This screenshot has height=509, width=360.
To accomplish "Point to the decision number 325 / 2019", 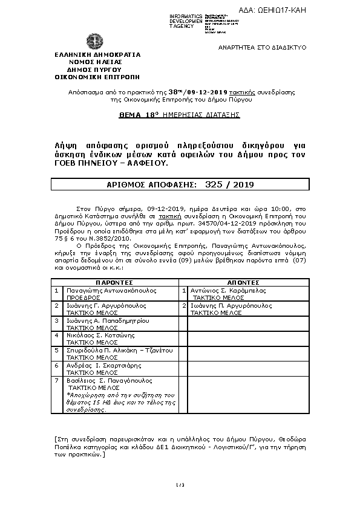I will (228, 182).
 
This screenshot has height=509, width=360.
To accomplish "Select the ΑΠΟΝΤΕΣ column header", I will (243, 282).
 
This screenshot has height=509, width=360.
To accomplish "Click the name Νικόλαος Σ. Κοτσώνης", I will (100, 335).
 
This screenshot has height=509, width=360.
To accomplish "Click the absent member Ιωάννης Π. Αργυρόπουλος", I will (233, 305).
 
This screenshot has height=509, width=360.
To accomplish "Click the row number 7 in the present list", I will (56, 380).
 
